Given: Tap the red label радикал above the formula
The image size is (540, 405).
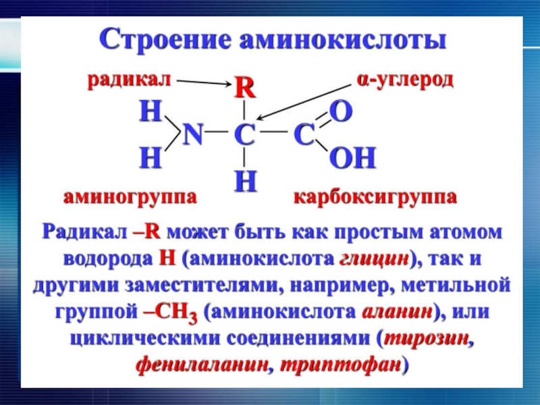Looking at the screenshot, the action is point(129,80).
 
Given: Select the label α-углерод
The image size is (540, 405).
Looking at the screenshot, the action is point(405,80).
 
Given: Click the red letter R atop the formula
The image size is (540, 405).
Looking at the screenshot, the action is point(244,88).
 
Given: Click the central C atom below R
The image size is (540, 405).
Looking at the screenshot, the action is point(244,136).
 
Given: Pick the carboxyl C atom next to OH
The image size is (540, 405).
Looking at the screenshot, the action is point(304,136).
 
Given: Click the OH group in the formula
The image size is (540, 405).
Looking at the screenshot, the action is point(352,159).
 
